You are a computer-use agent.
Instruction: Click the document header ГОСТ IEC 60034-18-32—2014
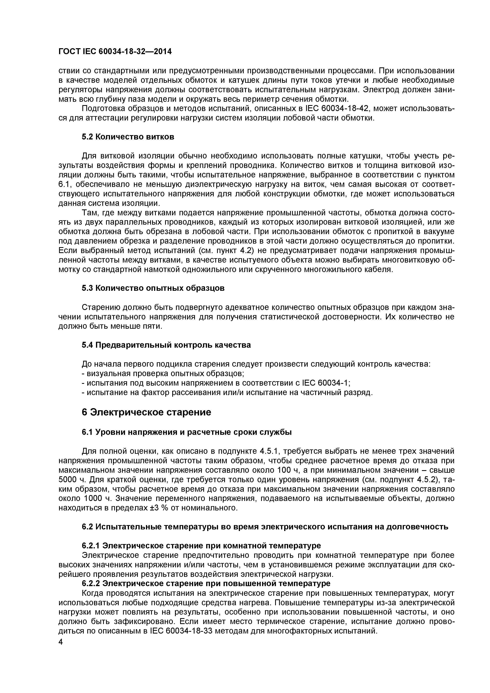click(x=115, y=52)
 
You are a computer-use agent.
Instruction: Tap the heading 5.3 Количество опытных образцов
click(x=153, y=288)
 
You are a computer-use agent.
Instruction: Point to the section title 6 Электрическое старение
click(x=146, y=412)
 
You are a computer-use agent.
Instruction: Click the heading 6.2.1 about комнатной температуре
click(x=201, y=546)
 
